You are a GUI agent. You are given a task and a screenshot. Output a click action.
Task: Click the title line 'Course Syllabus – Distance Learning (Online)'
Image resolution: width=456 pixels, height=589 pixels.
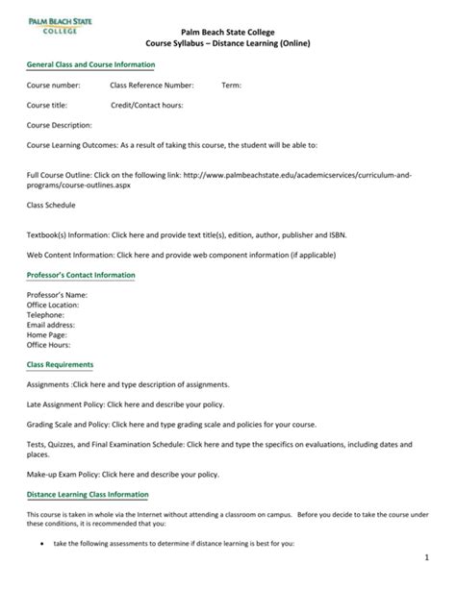(228, 44)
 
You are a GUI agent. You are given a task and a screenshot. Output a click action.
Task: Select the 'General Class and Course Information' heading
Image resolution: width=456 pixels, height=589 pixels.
(90, 64)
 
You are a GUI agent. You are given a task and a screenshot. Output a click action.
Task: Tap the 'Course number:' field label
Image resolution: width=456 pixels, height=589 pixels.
(54, 86)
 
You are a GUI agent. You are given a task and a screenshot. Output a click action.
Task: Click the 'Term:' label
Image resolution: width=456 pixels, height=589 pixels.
(232, 86)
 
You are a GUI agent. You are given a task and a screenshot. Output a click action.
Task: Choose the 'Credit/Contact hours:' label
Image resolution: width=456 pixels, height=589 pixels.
(147, 105)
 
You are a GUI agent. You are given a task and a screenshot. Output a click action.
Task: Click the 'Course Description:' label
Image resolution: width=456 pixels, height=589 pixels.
(60, 125)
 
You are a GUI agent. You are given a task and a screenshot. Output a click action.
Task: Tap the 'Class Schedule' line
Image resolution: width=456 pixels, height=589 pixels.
(51, 206)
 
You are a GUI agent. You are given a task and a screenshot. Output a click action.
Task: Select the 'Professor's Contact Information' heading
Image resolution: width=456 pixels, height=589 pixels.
(81, 276)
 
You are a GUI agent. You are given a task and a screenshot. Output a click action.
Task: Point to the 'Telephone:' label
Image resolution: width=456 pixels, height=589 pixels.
(46, 314)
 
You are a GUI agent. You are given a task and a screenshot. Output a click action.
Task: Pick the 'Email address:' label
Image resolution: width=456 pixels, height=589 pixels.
(54, 325)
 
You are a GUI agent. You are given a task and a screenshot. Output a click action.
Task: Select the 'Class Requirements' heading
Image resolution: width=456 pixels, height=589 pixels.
(60, 365)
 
